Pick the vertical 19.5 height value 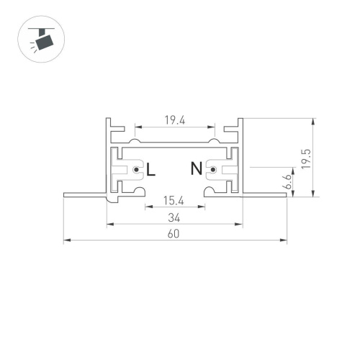point(306,158)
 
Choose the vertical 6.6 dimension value point(287,182)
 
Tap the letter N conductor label point(196,170)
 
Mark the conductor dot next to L point(137,170)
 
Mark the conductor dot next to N point(212,170)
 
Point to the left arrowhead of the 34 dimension point(110,224)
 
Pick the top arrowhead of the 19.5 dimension point(312,122)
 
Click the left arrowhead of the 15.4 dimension point(148,207)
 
